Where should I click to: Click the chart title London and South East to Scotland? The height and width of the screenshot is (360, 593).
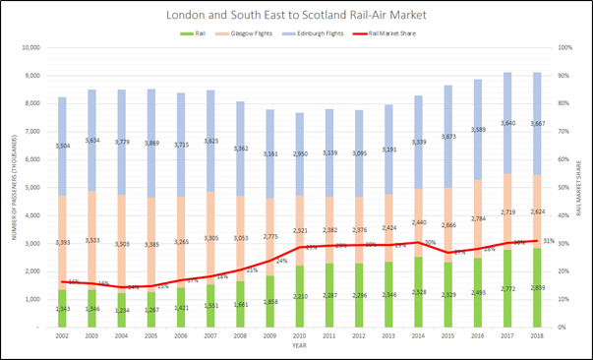coord(296,17)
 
